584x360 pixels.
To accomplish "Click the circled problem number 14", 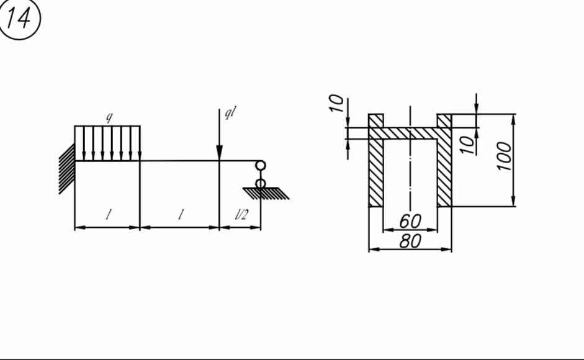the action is pyautogui.click(x=19, y=19).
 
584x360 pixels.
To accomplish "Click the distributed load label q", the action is pyautogui.click(x=109, y=117).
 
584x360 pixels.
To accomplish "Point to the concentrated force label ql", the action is pyautogui.click(x=230, y=112).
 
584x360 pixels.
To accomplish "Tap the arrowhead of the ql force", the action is pyautogui.click(x=219, y=153).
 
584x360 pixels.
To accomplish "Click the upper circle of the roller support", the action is pyautogui.click(x=260, y=165).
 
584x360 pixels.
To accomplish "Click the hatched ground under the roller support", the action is pyautogui.click(x=266, y=194).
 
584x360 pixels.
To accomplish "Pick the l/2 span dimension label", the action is pyautogui.click(x=241, y=214).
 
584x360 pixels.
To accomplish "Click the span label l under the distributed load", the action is pyautogui.click(x=108, y=214).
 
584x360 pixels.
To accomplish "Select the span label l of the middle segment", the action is pyautogui.click(x=181, y=214).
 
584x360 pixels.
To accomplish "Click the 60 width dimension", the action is pyautogui.click(x=410, y=221).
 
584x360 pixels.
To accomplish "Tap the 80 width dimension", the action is pyautogui.click(x=410, y=241).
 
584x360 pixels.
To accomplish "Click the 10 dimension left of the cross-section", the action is pyautogui.click(x=336, y=103).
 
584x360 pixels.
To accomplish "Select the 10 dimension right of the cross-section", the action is pyautogui.click(x=467, y=145).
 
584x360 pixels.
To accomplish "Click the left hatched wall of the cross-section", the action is pyautogui.click(x=376, y=160).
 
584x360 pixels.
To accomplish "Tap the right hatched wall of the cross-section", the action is pyautogui.click(x=444, y=160).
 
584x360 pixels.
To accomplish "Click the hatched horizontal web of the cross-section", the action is pyautogui.click(x=410, y=133).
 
